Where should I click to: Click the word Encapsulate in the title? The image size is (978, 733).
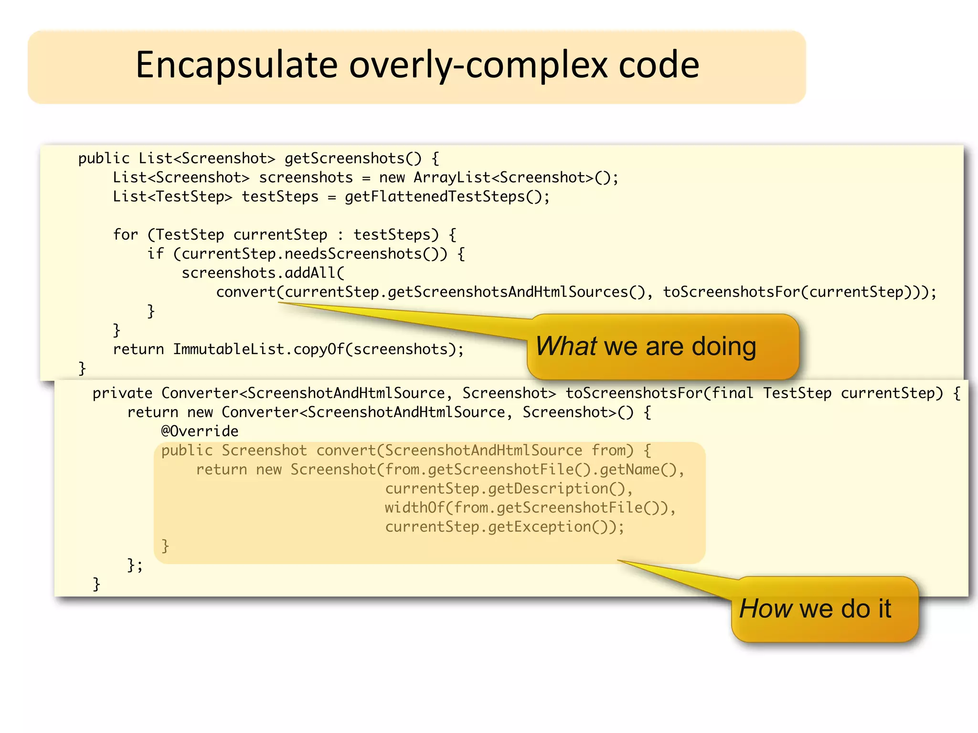(236, 65)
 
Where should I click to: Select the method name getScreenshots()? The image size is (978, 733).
(353, 158)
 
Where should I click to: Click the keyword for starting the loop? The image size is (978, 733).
(125, 235)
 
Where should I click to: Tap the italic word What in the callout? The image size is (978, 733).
(566, 346)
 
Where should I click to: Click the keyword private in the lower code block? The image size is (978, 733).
(122, 393)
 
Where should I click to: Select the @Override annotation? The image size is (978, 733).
(200, 431)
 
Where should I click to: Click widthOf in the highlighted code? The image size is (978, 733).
(414, 508)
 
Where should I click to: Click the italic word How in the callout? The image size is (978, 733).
(765, 609)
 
